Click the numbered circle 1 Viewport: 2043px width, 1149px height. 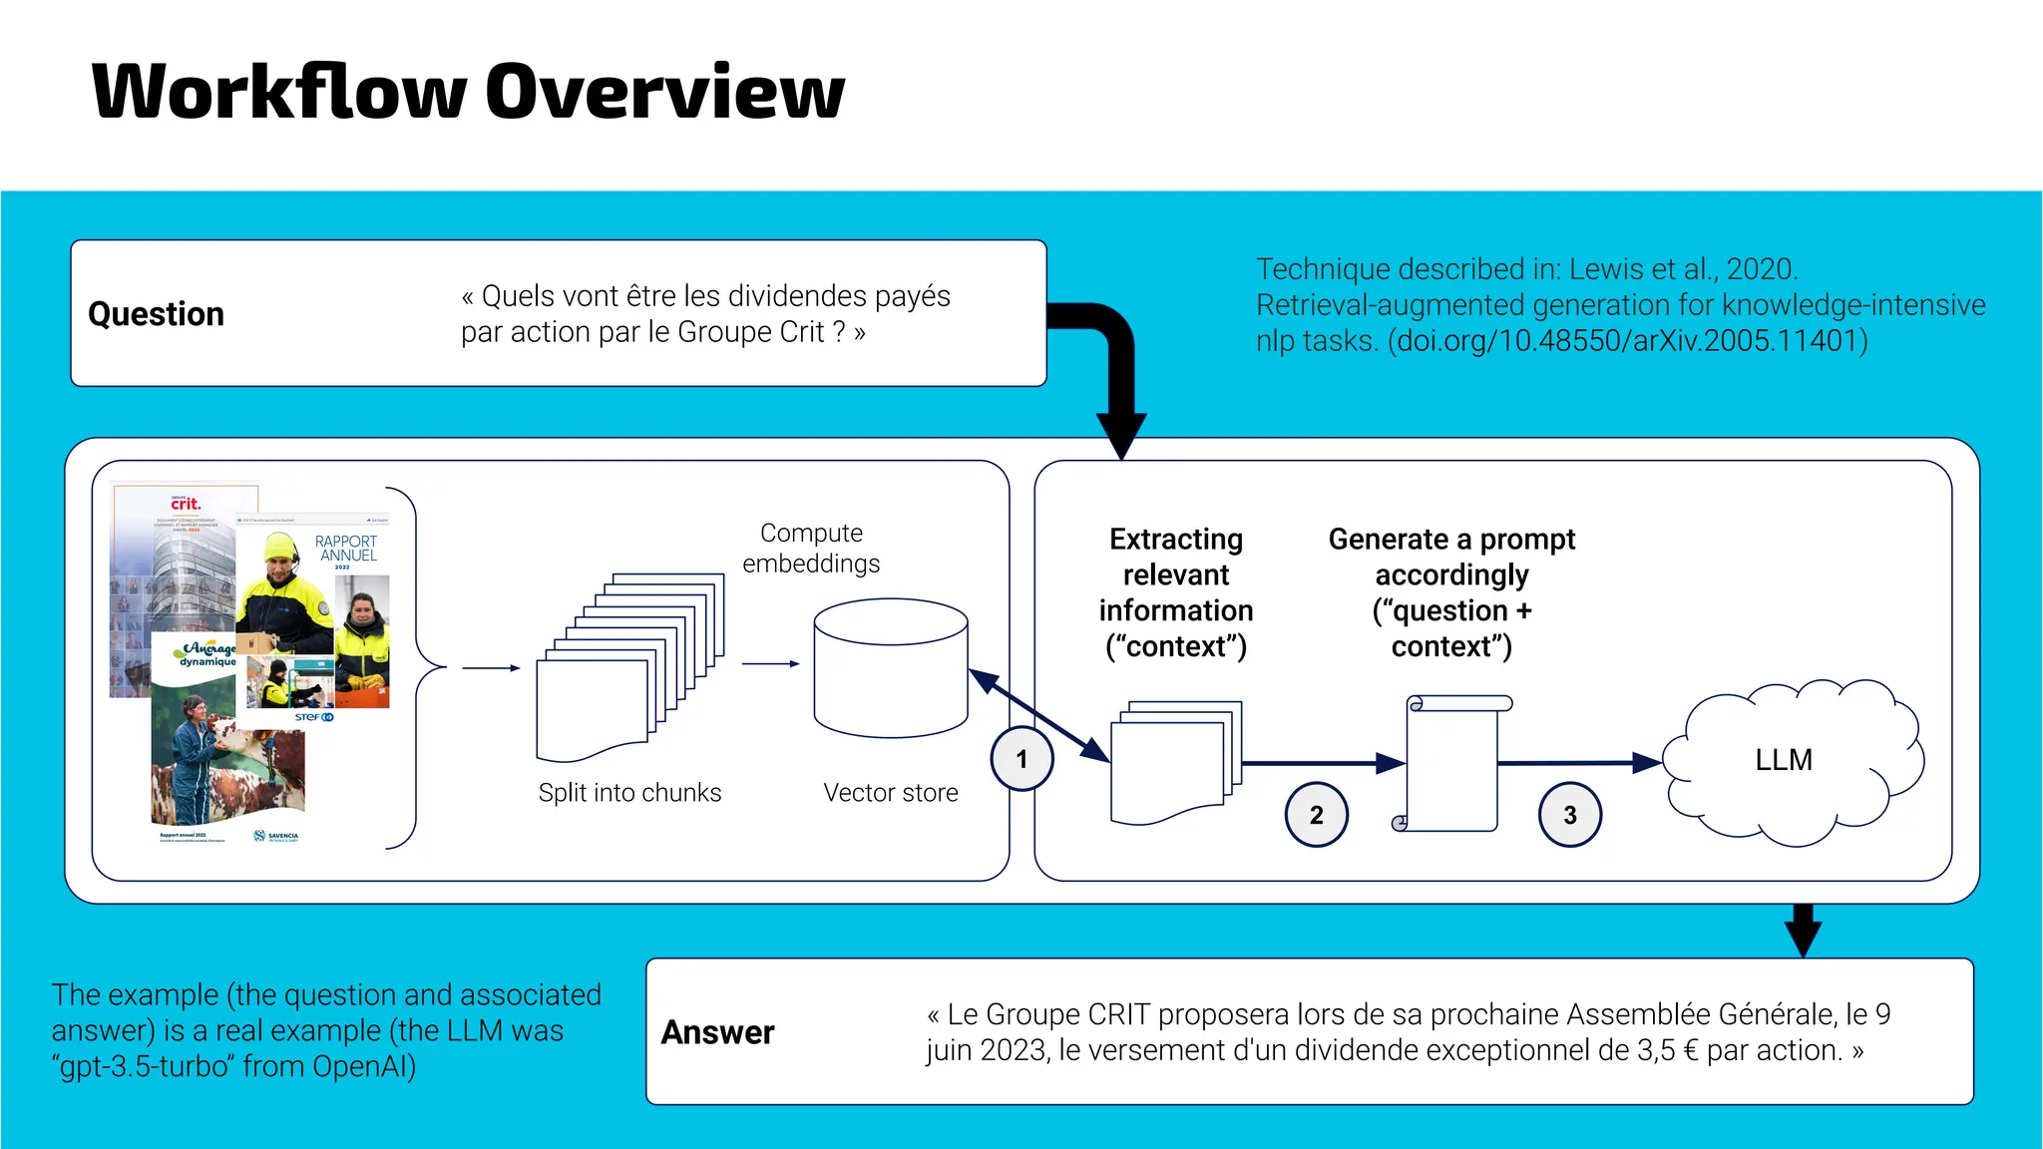pyautogui.click(x=1021, y=759)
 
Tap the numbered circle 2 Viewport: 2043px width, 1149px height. pyautogui.click(x=1316, y=815)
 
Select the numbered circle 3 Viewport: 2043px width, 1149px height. pyautogui.click(x=1569, y=815)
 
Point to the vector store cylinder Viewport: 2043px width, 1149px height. pyautogui.click(x=890, y=668)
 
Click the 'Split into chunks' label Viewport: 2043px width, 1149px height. pyautogui.click(x=629, y=793)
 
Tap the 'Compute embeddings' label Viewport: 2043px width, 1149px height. pyautogui.click(x=811, y=548)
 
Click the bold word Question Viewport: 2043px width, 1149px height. pyautogui.click(x=157, y=314)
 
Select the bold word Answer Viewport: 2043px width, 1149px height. pyautogui.click(x=717, y=1032)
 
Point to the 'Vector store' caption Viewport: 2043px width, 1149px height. pyautogui.click(x=890, y=793)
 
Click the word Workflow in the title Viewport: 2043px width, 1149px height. pyautogui.click(x=279, y=92)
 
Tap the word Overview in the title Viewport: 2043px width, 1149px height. pyautogui.click(x=665, y=92)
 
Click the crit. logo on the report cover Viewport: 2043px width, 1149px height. pyautogui.click(x=186, y=504)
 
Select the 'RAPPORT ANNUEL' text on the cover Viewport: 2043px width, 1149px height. pyautogui.click(x=346, y=548)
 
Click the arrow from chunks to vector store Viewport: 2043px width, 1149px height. pyautogui.click(x=770, y=663)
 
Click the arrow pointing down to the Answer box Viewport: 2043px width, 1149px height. pyautogui.click(x=1803, y=930)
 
